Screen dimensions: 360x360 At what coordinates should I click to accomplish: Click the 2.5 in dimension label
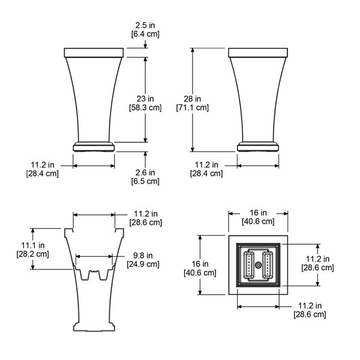point(145,25)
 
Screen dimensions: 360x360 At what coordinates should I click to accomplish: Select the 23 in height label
point(145,99)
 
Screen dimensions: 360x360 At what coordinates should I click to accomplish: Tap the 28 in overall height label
point(192,99)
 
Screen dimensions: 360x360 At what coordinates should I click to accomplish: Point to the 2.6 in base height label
point(145,172)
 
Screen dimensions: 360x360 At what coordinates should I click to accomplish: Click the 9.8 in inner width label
point(143,256)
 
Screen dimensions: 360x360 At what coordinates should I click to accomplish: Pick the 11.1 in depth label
point(33,245)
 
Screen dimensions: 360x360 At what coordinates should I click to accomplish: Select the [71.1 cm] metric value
point(193,107)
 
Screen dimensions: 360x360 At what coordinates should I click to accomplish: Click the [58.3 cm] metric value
point(145,107)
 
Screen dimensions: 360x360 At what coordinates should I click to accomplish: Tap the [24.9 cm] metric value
point(143,264)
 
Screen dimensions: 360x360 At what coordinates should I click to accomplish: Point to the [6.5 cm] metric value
point(145,181)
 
